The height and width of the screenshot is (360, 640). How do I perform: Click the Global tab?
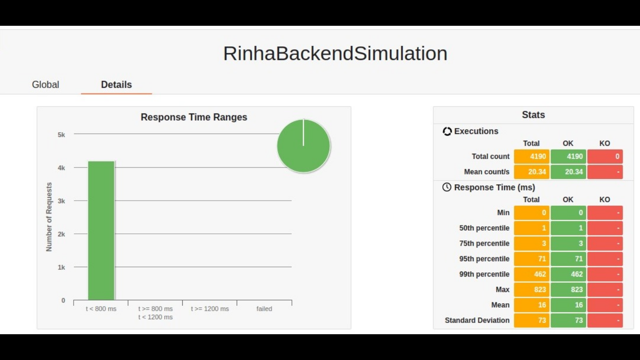(45, 85)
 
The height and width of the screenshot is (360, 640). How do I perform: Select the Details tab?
(116, 85)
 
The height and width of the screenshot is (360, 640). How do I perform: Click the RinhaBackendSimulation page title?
(335, 53)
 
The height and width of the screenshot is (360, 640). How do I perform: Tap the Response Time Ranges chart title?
(194, 117)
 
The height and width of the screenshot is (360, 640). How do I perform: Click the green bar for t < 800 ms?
(101, 230)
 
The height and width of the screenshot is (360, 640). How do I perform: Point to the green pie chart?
(304, 146)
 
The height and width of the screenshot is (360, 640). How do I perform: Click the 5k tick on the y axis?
(61, 135)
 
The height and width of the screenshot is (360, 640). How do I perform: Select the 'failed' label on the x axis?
(264, 309)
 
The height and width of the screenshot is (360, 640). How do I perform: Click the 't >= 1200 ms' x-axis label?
(210, 309)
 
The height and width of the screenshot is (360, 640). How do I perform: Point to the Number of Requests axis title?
(49, 217)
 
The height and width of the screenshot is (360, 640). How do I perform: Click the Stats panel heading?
(533, 115)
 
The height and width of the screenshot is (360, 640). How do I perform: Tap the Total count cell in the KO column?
(605, 157)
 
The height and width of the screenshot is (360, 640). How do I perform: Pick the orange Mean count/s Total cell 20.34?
(531, 172)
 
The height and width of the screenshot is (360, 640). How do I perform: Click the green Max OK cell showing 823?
(568, 290)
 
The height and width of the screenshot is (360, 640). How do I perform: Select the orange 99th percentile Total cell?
(531, 274)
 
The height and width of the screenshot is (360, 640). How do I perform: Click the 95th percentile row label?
(484, 259)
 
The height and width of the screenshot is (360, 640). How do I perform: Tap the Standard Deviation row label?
(477, 321)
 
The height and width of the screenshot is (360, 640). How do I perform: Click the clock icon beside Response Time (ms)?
(447, 187)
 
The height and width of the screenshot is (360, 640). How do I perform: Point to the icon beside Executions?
(447, 131)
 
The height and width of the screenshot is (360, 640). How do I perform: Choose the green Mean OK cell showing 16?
(568, 305)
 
